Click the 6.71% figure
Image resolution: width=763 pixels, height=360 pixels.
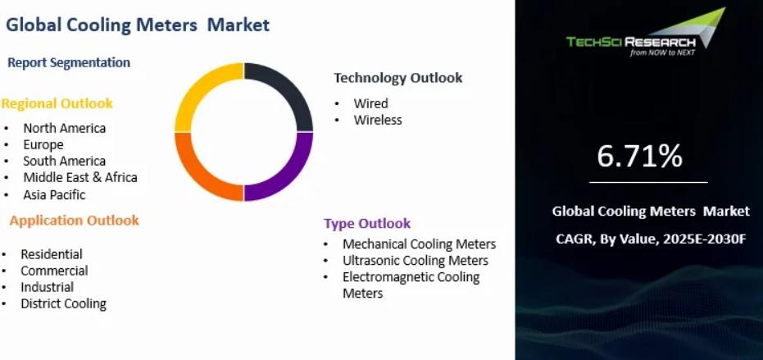639,157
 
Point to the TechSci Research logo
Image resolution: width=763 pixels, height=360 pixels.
646,32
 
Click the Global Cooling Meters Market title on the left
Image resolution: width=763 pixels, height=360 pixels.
138,25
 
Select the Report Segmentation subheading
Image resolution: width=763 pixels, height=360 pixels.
69,62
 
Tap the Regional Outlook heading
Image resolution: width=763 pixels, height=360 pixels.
57,103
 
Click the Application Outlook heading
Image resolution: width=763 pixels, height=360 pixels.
74,221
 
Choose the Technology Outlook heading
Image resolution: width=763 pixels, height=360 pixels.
398,77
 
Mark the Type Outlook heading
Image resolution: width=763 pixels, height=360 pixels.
367,223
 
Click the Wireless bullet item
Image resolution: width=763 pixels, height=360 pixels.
378,120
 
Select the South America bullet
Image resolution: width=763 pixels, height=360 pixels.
64,161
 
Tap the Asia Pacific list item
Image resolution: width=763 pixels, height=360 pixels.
54,195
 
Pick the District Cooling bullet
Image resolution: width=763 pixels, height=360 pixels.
63,303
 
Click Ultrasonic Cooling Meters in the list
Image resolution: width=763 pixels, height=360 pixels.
415,261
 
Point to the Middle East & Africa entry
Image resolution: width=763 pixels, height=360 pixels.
80,177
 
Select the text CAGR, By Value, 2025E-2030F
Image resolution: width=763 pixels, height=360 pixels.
651,239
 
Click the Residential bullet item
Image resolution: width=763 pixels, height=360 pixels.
52,254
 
